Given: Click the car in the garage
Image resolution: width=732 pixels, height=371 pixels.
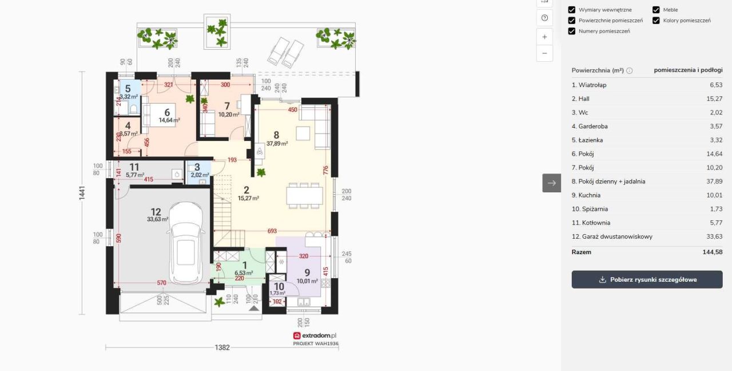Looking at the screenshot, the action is click(x=186, y=243).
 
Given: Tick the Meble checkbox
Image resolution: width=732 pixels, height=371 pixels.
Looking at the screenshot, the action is click(x=656, y=10).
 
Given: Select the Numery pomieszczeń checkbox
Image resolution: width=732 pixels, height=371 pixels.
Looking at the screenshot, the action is click(x=571, y=31).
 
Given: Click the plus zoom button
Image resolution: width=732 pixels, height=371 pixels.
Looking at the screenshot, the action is click(x=544, y=37).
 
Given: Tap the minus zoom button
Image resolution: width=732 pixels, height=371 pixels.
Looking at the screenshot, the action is click(x=544, y=53).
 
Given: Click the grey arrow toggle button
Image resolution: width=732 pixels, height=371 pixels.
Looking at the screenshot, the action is click(x=552, y=183).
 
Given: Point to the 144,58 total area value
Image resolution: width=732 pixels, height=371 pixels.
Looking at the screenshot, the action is click(x=713, y=252).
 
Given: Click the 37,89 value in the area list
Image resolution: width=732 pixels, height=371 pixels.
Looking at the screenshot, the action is click(x=714, y=181).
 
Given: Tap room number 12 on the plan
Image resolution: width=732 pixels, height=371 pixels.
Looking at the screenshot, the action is click(x=156, y=212).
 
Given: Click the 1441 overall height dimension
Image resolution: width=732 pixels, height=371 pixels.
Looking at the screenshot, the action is click(x=82, y=193).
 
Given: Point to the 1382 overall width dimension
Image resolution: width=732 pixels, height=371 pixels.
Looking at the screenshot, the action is click(x=222, y=348).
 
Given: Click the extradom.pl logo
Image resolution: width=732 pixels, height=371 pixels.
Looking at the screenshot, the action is click(x=315, y=336).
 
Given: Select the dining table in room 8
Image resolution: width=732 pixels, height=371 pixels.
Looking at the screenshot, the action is click(x=305, y=196).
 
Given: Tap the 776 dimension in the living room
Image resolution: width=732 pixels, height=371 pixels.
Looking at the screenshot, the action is click(x=325, y=171).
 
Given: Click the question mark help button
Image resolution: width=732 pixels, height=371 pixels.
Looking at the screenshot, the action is click(x=544, y=18).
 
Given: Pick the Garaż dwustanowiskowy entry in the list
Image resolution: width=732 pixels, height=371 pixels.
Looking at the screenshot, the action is click(x=612, y=236).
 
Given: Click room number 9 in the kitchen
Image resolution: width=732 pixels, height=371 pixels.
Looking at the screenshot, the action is click(x=307, y=273).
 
